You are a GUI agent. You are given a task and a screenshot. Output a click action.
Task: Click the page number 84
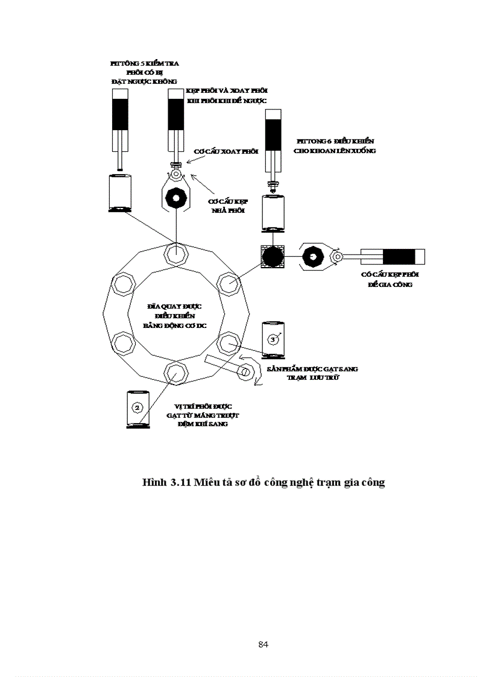coord(263,644)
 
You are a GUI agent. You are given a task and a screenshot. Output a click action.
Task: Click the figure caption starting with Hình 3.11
coord(263,483)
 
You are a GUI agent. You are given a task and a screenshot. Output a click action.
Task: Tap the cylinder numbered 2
coord(138,409)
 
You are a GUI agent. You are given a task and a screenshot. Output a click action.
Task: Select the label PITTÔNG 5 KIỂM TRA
coord(144,63)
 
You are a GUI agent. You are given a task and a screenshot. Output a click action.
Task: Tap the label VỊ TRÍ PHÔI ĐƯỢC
coord(199,406)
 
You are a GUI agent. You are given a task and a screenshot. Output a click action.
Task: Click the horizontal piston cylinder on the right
coord(393,256)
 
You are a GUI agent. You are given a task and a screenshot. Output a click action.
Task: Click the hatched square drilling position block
coord(271,256)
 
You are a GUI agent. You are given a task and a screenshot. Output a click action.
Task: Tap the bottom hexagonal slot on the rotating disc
coord(174,373)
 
